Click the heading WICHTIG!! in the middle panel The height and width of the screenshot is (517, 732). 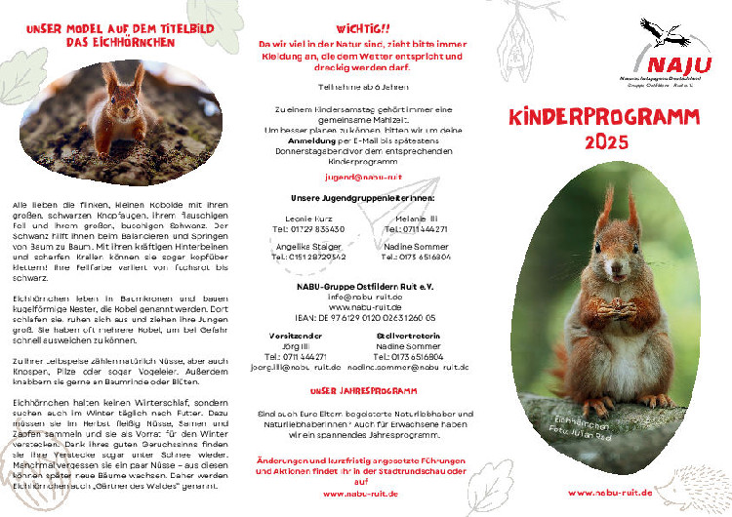(366, 30)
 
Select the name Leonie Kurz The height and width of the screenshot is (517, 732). (308, 219)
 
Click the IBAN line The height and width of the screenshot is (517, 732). (365, 317)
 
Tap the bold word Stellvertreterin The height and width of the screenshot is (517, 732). (422, 335)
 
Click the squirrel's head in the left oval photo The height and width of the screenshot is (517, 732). (123, 89)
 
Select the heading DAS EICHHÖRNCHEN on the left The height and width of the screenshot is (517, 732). (120, 43)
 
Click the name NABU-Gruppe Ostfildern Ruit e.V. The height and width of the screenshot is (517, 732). (365, 286)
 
